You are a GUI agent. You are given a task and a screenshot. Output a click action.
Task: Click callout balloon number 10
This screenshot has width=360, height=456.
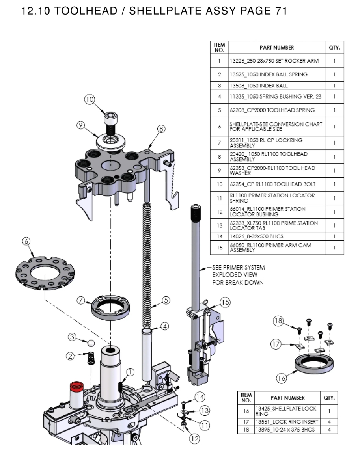click(x=90, y=100)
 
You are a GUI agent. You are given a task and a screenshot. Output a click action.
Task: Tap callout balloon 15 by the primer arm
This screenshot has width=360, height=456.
click(x=225, y=302)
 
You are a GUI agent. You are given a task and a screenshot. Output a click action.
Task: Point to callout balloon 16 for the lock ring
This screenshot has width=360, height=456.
click(x=281, y=378)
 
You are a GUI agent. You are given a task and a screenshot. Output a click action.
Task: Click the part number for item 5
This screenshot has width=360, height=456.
click(x=272, y=110)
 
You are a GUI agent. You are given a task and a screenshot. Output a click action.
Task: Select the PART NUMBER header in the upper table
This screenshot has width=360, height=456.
click(x=276, y=47)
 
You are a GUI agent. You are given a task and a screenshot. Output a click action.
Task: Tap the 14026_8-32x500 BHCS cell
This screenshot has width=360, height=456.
click(x=256, y=236)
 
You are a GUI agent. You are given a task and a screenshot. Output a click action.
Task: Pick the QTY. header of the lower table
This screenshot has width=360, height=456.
click(x=329, y=398)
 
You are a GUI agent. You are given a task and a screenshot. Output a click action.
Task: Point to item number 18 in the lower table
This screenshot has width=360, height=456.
click(x=246, y=429)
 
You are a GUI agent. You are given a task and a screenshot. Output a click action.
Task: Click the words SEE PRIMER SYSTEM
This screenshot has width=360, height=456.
click(x=239, y=267)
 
